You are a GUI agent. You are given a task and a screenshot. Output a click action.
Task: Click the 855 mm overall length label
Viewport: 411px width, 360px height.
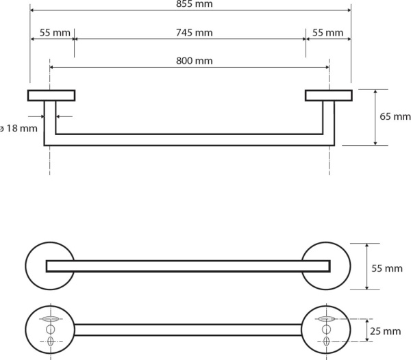(195, 4)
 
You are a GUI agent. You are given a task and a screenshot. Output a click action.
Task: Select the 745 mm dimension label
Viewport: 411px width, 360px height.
(195, 33)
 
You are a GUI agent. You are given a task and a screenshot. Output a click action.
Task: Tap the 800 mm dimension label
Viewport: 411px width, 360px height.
(195, 61)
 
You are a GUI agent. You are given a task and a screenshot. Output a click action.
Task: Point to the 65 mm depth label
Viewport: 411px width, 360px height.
(395, 116)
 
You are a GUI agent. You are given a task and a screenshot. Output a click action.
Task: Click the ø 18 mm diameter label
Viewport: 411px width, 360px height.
(18, 129)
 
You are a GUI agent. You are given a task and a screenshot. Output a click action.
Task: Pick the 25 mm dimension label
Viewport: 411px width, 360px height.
(385, 331)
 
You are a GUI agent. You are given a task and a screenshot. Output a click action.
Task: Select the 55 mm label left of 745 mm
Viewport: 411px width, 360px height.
(55, 33)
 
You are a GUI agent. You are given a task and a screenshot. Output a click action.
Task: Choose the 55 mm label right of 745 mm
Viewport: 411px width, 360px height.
(327, 33)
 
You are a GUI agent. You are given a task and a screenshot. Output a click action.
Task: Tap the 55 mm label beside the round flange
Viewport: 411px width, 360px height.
(387, 268)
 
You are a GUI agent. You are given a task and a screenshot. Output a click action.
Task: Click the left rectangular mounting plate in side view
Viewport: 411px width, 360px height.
(51, 95)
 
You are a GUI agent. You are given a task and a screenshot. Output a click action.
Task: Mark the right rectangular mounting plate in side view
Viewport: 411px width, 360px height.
(329, 95)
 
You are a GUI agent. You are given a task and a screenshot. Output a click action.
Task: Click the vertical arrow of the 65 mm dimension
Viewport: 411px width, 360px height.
(375, 117)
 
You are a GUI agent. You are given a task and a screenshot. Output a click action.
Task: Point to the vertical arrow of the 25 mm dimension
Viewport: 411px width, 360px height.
(367, 330)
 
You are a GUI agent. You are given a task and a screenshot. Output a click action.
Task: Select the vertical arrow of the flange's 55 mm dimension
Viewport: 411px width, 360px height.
(366, 266)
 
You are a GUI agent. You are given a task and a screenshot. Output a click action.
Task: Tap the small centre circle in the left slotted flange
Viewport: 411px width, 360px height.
(50, 329)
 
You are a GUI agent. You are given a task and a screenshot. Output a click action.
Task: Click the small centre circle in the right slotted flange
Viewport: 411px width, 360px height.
(326, 329)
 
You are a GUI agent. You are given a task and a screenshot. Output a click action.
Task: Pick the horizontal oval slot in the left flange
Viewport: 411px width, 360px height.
(50, 319)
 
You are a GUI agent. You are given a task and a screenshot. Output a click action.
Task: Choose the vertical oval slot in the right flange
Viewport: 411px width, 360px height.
(326, 341)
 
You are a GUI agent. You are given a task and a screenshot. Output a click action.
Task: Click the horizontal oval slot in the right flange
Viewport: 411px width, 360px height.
(326, 319)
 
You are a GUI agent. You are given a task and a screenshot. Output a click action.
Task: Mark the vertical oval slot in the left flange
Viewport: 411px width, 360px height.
(50, 341)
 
